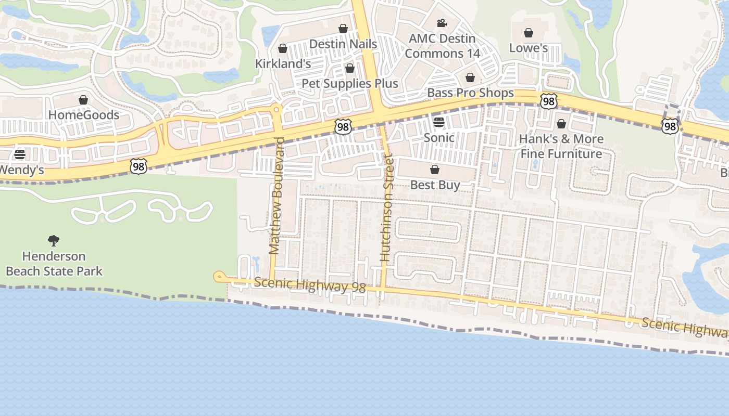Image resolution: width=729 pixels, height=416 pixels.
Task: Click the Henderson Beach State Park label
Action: (x=54, y=264)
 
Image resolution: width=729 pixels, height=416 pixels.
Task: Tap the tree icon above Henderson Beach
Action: (x=53, y=240)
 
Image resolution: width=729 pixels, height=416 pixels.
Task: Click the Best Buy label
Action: (x=435, y=185)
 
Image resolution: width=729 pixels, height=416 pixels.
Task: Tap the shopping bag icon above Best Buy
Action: (x=435, y=170)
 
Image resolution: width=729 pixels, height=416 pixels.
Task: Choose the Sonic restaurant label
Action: (x=439, y=138)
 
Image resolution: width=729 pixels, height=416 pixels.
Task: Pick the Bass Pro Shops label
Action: (x=470, y=93)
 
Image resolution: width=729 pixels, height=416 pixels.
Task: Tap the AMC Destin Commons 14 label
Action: (x=442, y=46)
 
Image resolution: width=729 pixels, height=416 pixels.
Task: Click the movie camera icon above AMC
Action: (x=442, y=23)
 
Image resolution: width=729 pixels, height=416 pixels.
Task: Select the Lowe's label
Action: (x=528, y=48)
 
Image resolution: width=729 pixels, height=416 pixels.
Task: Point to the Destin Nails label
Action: (x=343, y=44)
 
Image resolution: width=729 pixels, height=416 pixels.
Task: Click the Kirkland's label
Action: (x=283, y=63)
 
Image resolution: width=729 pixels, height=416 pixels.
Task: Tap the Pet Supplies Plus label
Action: (x=350, y=84)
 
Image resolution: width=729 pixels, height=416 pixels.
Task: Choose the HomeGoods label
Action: (x=83, y=115)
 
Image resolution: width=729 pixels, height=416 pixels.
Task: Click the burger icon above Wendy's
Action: (x=20, y=154)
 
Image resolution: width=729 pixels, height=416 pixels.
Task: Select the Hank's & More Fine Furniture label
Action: (x=561, y=146)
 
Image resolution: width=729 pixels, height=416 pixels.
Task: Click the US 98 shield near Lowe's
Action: (x=548, y=101)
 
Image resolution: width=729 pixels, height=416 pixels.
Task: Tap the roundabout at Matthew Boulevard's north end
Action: (x=276, y=109)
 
